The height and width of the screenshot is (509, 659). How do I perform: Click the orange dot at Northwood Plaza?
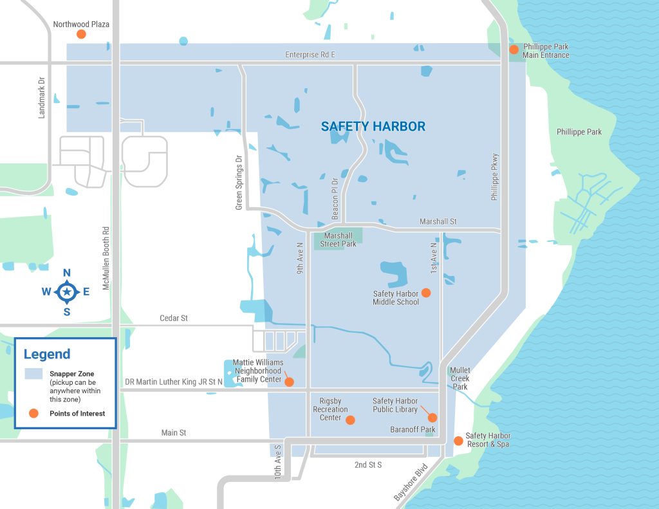click(x=81, y=35)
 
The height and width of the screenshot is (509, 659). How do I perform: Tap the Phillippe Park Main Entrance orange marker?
click(x=514, y=50)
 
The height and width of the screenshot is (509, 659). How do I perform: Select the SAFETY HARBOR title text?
click(x=373, y=127)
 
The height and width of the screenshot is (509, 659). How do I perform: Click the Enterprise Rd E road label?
click(x=310, y=55)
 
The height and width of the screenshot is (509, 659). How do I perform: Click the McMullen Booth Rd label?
click(x=106, y=257)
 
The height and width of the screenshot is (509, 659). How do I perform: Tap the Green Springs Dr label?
click(x=239, y=181)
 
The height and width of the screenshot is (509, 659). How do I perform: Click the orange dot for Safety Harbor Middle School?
click(x=425, y=293)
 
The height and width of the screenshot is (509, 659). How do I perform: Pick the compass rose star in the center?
click(x=67, y=292)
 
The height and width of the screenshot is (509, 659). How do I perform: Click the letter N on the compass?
click(x=67, y=273)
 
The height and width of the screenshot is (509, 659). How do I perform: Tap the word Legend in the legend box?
click(x=47, y=355)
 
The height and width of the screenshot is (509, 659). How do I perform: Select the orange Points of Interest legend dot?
click(x=33, y=413)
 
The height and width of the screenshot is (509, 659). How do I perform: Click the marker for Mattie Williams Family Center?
click(x=289, y=382)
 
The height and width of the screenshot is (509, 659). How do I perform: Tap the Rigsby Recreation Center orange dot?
click(x=350, y=420)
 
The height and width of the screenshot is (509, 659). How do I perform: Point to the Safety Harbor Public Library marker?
click(x=432, y=418)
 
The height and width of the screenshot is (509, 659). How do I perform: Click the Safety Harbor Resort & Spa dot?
click(x=458, y=441)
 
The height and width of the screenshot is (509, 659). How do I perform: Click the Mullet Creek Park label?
click(x=460, y=378)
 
